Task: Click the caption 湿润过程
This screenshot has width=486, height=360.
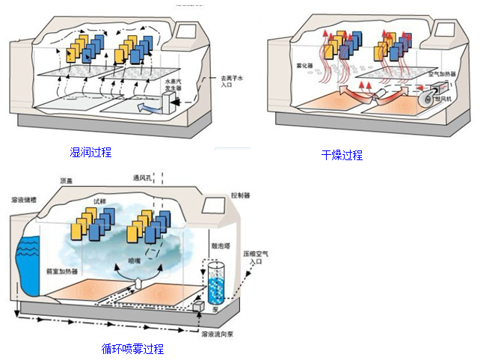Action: click(90, 153)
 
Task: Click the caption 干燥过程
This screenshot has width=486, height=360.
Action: click(342, 155)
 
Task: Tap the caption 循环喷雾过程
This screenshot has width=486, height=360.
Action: click(132, 349)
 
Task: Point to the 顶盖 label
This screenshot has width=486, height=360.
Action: click(66, 181)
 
